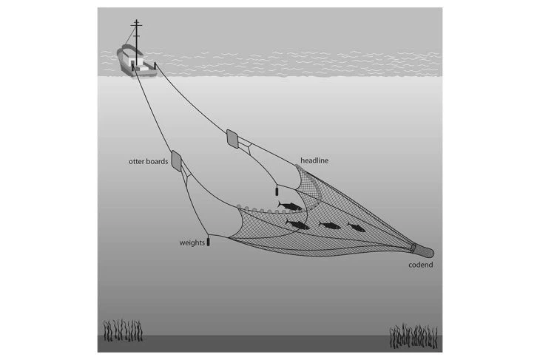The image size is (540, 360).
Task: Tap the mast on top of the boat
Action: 135,33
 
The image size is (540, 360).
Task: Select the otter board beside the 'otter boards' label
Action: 178,162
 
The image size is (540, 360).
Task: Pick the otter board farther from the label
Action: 232,137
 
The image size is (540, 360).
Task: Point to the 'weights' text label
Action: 192,242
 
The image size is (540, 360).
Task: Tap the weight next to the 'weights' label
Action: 209,241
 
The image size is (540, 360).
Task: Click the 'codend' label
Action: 421,265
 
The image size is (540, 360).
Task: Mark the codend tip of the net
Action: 425,249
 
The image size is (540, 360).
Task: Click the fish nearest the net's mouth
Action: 288,204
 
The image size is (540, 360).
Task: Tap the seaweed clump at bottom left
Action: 122,330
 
